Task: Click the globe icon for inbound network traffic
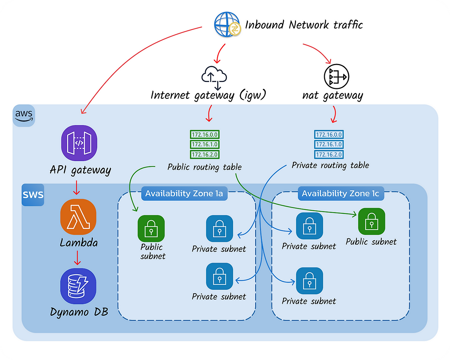[x=227, y=24]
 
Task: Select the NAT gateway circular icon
[x=336, y=77]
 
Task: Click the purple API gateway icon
[x=79, y=143]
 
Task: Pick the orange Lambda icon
[x=78, y=217]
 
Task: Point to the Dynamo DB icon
[x=78, y=286]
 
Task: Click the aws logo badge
[x=24, y=115]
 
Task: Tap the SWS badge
[x=33, y=195]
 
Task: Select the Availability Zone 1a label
[x=184, y=194]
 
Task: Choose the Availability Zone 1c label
[x=340, y=194]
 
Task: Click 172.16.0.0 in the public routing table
[x=205, y=135]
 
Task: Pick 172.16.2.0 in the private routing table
[x=329, y=154]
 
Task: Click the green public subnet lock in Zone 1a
[x=151, y=229]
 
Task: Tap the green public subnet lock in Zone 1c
[x=372, y=221]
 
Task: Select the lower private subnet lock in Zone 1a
[x=220, y=276]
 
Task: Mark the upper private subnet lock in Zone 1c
[x=309, y=226]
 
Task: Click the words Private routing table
[x=330, y=166]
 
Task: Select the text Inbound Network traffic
[x=304, y=25]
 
